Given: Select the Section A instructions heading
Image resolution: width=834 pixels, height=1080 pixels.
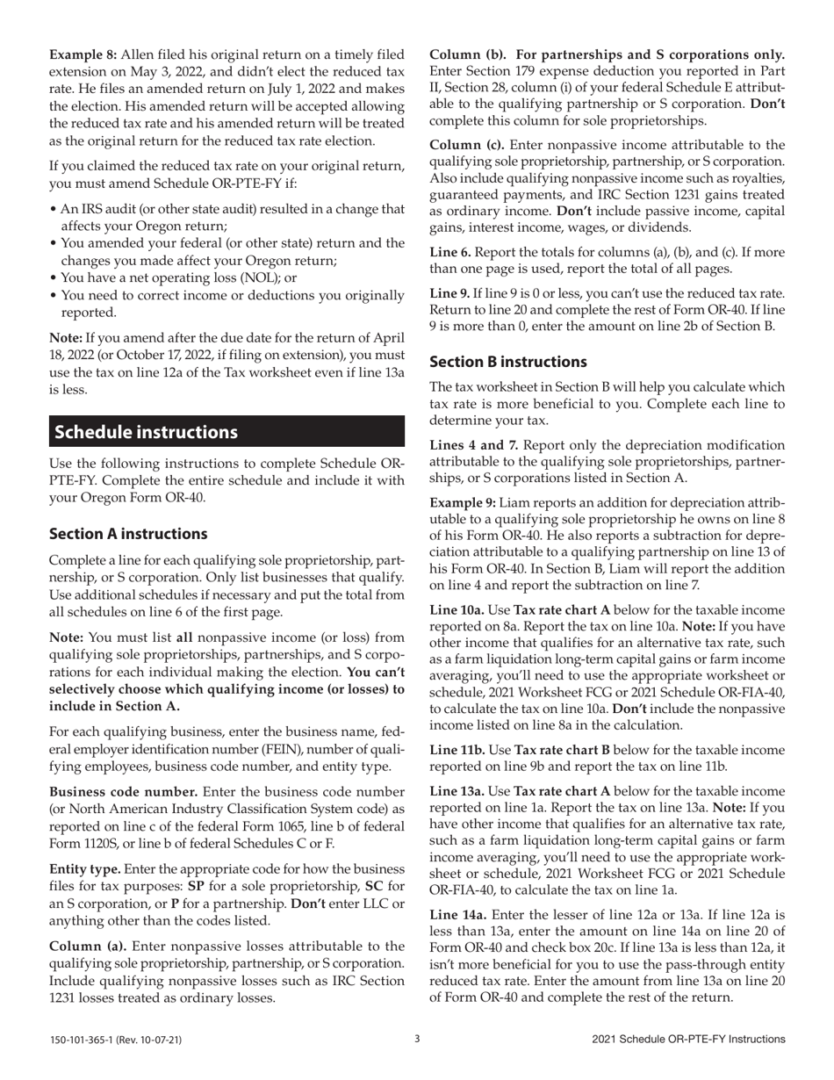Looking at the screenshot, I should pos(128,534).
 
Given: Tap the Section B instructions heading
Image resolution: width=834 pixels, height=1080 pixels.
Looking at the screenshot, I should pos(507,362).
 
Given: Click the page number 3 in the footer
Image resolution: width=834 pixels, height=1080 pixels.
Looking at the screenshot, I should pos(417,1039).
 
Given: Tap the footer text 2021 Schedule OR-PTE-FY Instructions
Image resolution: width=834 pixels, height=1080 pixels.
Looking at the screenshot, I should pos(688,1040).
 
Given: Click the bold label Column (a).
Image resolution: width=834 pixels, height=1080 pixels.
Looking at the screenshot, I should pos(86,946).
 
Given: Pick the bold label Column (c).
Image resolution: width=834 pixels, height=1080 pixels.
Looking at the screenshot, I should pos(466,144).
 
